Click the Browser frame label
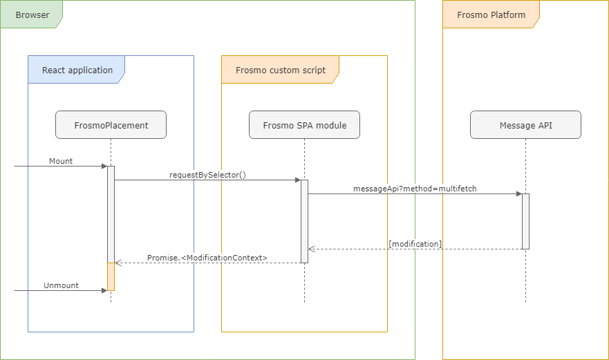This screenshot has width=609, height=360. coord(32,15)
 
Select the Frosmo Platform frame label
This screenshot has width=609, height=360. coord(491,15)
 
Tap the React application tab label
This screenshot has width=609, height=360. coord(77,70)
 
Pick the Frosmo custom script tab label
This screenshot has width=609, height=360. coord(280,70)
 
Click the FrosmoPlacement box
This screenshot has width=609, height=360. coord(111,125)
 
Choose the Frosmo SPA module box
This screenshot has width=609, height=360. coord(304,125)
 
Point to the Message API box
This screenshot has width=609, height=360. coord(525,125)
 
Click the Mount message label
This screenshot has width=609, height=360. coord(61,161)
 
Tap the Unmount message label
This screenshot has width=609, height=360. coord(61,285)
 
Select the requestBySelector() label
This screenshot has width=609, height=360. coord(207,175)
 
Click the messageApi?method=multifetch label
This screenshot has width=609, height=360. coord(415,189)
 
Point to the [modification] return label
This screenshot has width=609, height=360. coord(415,244)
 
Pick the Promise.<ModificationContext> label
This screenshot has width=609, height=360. coord(207,258)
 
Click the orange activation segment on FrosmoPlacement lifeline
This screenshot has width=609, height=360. coord(111,276)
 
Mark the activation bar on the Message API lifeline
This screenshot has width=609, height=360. coord(525,221)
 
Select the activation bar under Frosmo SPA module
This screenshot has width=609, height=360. coord(304,221)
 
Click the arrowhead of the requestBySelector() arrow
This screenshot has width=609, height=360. coord(297,180)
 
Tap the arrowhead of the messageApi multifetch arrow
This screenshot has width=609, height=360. coord(518,194)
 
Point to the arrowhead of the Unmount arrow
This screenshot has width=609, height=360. coord(104,291)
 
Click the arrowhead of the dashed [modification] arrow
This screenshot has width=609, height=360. coord(311,249)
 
